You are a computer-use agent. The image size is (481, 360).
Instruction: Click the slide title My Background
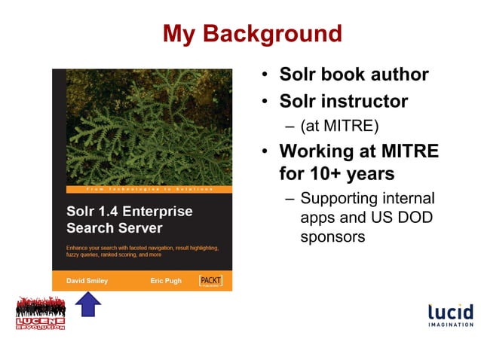click(x=252, y=34)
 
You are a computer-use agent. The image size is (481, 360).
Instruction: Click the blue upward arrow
click(x=90, y=306)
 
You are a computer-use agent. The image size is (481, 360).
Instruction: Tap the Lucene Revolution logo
click(x=41, y=313)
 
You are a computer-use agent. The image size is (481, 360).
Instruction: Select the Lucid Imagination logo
click(x=450, y=316)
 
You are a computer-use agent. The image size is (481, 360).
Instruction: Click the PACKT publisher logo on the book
click(x=210, y=280)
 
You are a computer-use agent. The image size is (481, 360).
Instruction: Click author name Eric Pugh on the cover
click(x=166, y=280)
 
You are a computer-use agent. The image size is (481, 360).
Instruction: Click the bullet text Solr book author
click(x=354, y=75)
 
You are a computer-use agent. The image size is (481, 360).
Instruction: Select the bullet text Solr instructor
click(x=343, y=100)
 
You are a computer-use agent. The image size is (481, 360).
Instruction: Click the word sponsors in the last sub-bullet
click(x=332, y=236)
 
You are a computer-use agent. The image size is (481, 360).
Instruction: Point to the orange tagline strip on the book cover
click(x=142, y=188)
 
